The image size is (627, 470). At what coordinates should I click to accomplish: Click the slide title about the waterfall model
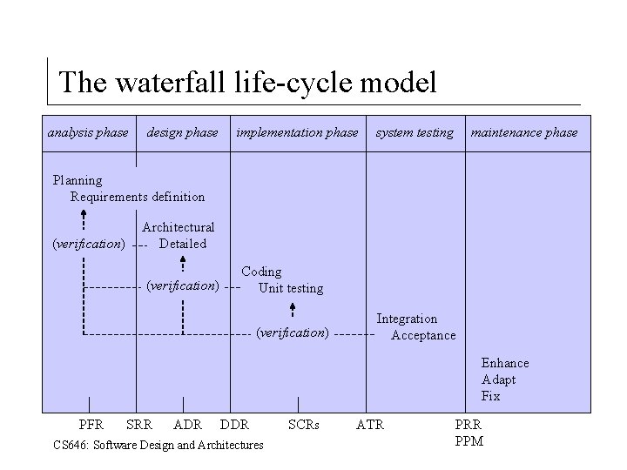click(246, 83)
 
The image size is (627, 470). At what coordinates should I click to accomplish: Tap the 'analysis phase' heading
click(87, 133)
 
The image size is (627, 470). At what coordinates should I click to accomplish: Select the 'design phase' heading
click(183, 133)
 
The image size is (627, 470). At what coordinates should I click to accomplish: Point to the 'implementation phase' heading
click(297, 133)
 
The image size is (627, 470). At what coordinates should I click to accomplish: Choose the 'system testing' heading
click(415, 133)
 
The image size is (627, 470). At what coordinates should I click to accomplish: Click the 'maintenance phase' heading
click(524, 133)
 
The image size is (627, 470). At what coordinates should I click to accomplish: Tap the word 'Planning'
click(78, 180)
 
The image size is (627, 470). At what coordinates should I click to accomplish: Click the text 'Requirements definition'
click(138, 197)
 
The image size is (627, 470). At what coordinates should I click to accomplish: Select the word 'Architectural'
click(178, 227)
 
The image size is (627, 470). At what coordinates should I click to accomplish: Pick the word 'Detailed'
click(183, 244)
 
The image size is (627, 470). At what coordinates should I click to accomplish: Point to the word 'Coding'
click(261, 272)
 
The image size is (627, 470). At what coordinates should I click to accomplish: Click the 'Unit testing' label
click(291, 288)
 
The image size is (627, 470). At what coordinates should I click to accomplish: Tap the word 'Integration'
click(407, 319)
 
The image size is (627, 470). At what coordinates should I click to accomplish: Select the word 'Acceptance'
click(423, 335)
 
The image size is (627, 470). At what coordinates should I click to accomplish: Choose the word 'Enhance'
click(505, 363)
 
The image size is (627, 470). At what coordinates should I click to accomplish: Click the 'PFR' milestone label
click(91, 425)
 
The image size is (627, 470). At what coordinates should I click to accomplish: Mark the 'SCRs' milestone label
click(304, 425)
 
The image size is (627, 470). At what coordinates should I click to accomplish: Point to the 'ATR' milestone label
click(370, 425)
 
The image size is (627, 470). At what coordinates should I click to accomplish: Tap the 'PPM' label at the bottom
click(469, 441)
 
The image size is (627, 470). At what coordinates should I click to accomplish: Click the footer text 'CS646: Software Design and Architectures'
click(158, 445)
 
